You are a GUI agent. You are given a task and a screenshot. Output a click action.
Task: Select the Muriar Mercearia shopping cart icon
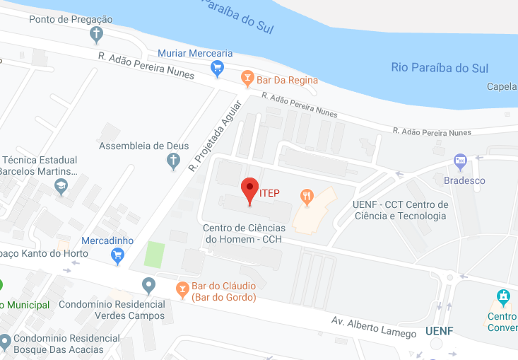pos(217,67)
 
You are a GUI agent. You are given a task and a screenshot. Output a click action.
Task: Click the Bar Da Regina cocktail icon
pos(247,76)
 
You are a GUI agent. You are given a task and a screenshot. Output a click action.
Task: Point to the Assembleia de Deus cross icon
pos(172,162)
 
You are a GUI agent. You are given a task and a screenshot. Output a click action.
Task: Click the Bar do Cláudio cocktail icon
pos(182,289)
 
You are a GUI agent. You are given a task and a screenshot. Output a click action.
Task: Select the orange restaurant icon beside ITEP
pos(306,196)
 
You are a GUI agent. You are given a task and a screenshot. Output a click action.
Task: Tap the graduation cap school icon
pos(61,187)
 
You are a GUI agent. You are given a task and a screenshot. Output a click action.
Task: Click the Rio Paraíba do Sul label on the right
pos(440,68)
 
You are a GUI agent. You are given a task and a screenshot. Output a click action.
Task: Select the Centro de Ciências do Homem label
pos(244,233)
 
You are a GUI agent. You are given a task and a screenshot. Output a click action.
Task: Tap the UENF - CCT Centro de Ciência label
pos(400,210)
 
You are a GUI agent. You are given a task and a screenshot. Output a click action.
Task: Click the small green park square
pos(154,255)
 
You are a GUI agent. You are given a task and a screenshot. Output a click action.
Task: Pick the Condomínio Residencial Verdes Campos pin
pos(148,286)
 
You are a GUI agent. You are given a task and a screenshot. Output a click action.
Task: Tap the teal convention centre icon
pos(502,296)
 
